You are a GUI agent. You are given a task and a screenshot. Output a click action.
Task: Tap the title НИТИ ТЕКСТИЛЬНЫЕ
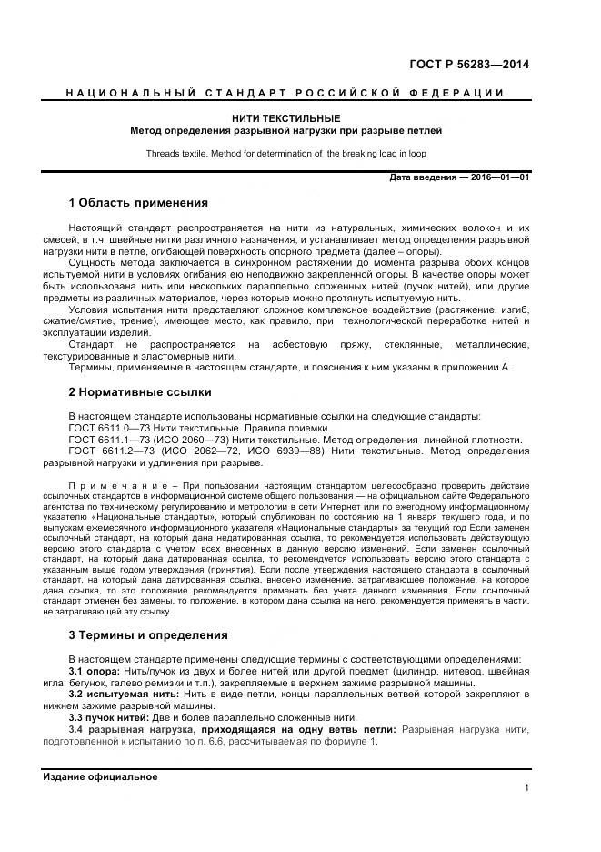pyautogui.click(x=285, y=118)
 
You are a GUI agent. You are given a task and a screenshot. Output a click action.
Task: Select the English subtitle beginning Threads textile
pyautogui.click(x=285, y=154)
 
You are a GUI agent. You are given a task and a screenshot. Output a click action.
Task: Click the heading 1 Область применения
pyautogui.click(x=138, y=202)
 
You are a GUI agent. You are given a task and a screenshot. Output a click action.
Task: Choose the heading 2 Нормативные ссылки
pyautogui.click(x=140, y=393)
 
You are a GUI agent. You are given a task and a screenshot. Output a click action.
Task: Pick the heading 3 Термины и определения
pyautogui.click(x=148, y=634)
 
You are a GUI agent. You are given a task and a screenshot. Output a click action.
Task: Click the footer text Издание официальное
pyautogui.click(x=100, y=776)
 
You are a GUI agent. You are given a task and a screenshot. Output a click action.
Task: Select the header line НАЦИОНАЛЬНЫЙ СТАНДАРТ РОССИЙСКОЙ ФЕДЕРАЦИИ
pyautogui.click(x=285, y=94)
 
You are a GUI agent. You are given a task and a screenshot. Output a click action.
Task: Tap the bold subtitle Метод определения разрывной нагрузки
pyautogui.click(x=285, y=131)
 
